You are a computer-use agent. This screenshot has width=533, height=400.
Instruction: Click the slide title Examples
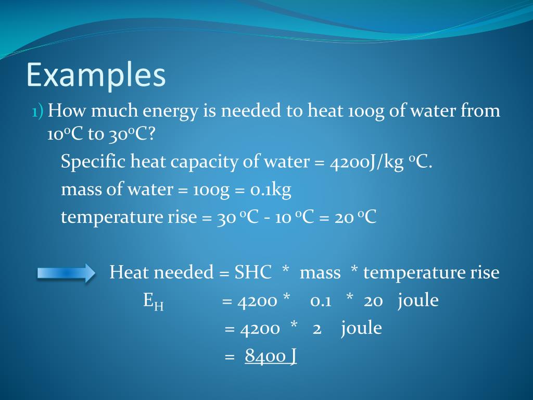(96, 75)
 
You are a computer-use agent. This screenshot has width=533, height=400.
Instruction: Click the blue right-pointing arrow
(66, 273)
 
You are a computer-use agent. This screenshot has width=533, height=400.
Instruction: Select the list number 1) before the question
(37, 111)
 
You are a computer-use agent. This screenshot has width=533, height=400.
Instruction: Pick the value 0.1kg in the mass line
(270, 190)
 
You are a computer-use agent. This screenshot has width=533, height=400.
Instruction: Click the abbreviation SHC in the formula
(253, 272)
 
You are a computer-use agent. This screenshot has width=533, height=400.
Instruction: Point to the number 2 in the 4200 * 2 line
(316, 329)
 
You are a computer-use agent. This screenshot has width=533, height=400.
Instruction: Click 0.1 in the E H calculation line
(321, 301)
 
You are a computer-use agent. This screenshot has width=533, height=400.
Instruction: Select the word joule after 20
(417, 301)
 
